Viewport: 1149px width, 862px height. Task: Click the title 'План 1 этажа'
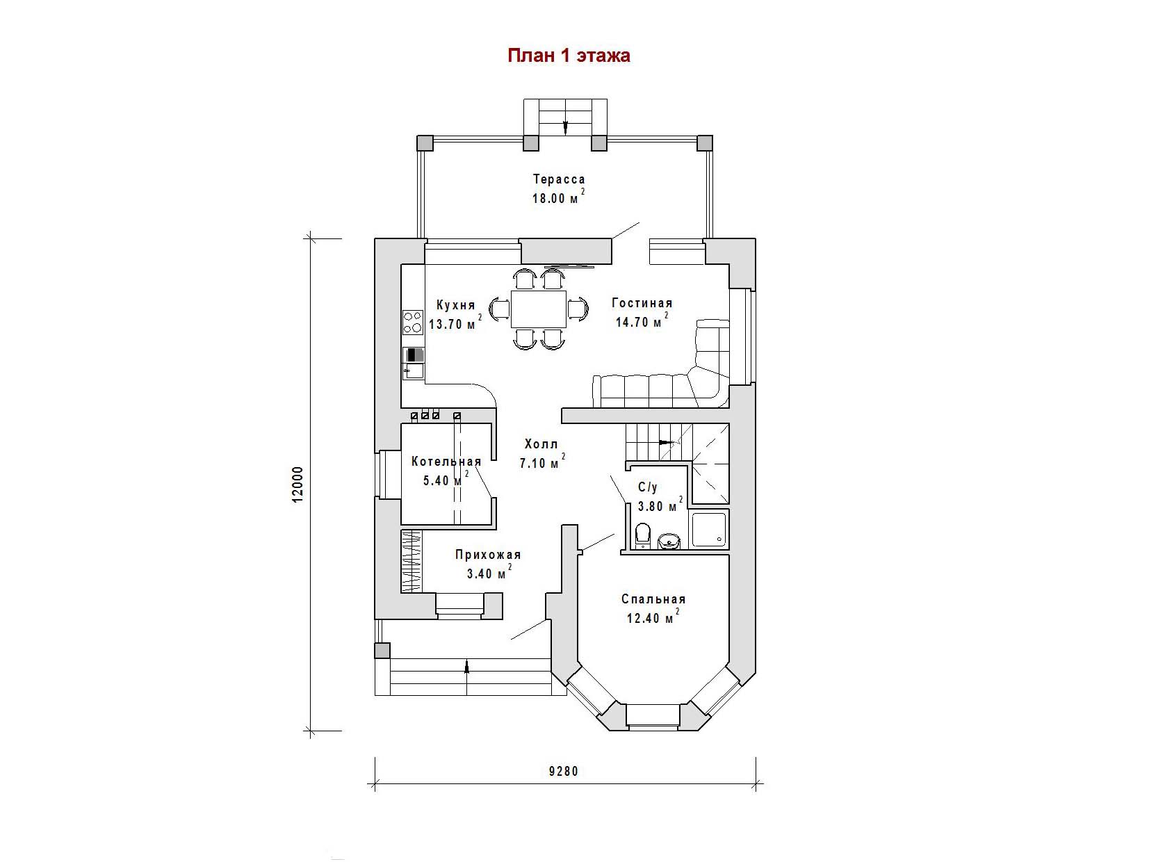[x=569, y=56]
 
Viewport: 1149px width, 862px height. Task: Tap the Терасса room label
[x=559, y=179]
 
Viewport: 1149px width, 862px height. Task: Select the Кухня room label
[x=456, y=305]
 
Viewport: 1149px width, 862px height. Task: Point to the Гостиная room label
[x=642, y=303]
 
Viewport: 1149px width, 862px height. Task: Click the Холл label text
[x=541, y=444]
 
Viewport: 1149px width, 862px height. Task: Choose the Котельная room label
[x=446, y=462]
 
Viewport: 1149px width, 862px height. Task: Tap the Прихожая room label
[x=488, y=555]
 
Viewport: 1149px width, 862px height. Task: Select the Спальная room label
[x=653, y=599]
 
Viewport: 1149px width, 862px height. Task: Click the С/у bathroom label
[x=648, y=487]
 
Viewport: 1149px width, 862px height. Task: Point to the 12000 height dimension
[x=298, y=485]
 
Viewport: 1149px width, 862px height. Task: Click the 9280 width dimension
[x=564, y=772]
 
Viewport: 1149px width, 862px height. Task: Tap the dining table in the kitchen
[x=539, y=309]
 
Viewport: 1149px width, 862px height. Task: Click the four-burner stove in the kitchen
[x=412, y=322]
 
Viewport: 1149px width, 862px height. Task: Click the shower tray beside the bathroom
[x=709, y=530]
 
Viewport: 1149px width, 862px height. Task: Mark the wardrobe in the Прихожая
[x=411, y=561]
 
